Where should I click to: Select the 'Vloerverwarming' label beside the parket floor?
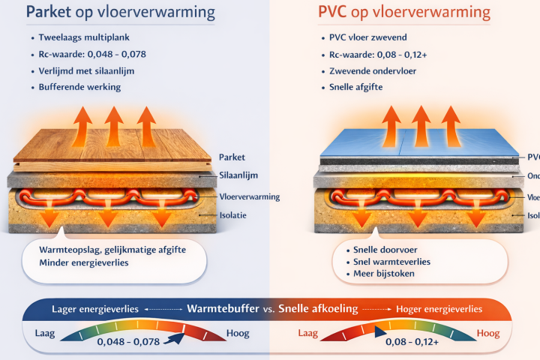[x=250, y=196]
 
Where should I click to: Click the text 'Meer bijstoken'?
[x=382, y=274]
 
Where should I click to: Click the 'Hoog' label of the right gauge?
[x=488, y=332]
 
